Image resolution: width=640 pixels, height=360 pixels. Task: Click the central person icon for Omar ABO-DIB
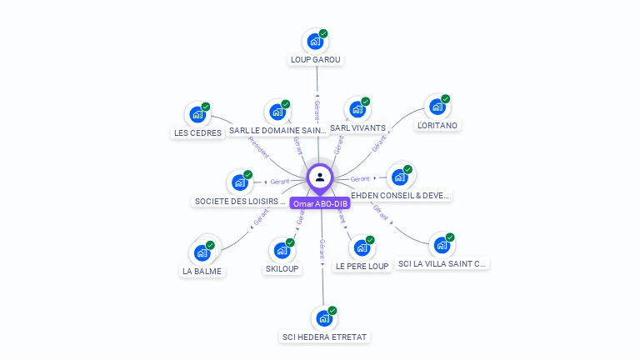point(320,177)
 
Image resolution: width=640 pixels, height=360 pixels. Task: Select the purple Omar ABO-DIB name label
point(320,203)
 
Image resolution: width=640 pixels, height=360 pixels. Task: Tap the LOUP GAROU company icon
point(315,41)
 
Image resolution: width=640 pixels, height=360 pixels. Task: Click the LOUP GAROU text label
point(316,60)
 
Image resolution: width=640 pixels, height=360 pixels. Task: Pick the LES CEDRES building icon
point(197,114)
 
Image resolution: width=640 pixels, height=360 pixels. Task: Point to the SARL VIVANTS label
point(357,128)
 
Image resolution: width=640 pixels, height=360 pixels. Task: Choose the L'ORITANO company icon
point(437,107)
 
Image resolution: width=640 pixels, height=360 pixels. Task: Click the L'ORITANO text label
point(437,126)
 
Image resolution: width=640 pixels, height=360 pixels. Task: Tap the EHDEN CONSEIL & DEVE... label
point(402,196)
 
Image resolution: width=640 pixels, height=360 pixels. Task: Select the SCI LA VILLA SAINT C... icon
point(441,246)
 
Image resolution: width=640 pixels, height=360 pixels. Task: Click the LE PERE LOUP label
point(362,267)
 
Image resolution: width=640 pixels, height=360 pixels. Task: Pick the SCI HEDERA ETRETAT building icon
point(322,318)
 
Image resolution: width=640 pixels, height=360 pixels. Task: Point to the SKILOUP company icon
point(282,250)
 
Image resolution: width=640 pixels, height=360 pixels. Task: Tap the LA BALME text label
point(203,271)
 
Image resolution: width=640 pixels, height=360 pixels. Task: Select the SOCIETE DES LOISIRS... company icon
point(239,182)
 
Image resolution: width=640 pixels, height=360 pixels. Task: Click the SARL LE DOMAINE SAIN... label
point(277,131)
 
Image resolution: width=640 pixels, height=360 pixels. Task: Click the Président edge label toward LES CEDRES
point(258,148)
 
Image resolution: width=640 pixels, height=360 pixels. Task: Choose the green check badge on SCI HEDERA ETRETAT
point(332,310)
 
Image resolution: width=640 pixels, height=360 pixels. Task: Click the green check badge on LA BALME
point(210,245)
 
